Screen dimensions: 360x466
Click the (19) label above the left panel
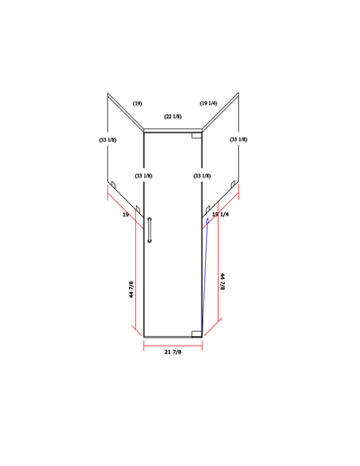tap(138, 103)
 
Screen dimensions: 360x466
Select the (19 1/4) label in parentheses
tap(209, 103)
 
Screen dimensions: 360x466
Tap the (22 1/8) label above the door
tap(173, 116)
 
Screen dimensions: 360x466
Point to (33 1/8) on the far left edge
tap(107, 139)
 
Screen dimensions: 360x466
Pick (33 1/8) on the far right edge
tap(239, 139)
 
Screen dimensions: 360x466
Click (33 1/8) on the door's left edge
tap(144, 176)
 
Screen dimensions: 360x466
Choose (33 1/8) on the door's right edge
tap(202, 176)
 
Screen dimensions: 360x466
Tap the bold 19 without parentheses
tap(125, 215)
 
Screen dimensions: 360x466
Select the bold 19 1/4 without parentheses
tap(221, 214)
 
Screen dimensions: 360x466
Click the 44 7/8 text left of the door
tap(132, 289)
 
